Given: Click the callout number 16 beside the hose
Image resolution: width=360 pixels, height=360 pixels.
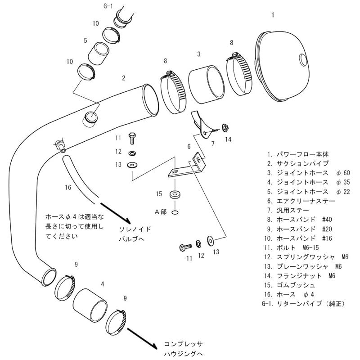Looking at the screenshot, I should pyautogui.click(x=68, y=187).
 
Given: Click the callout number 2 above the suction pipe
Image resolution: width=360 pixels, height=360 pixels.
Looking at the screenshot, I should pyautogui.click(x=123, y=78).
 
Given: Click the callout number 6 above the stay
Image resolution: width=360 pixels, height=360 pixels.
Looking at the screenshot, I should pyautogui.click(x=189, y=147).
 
